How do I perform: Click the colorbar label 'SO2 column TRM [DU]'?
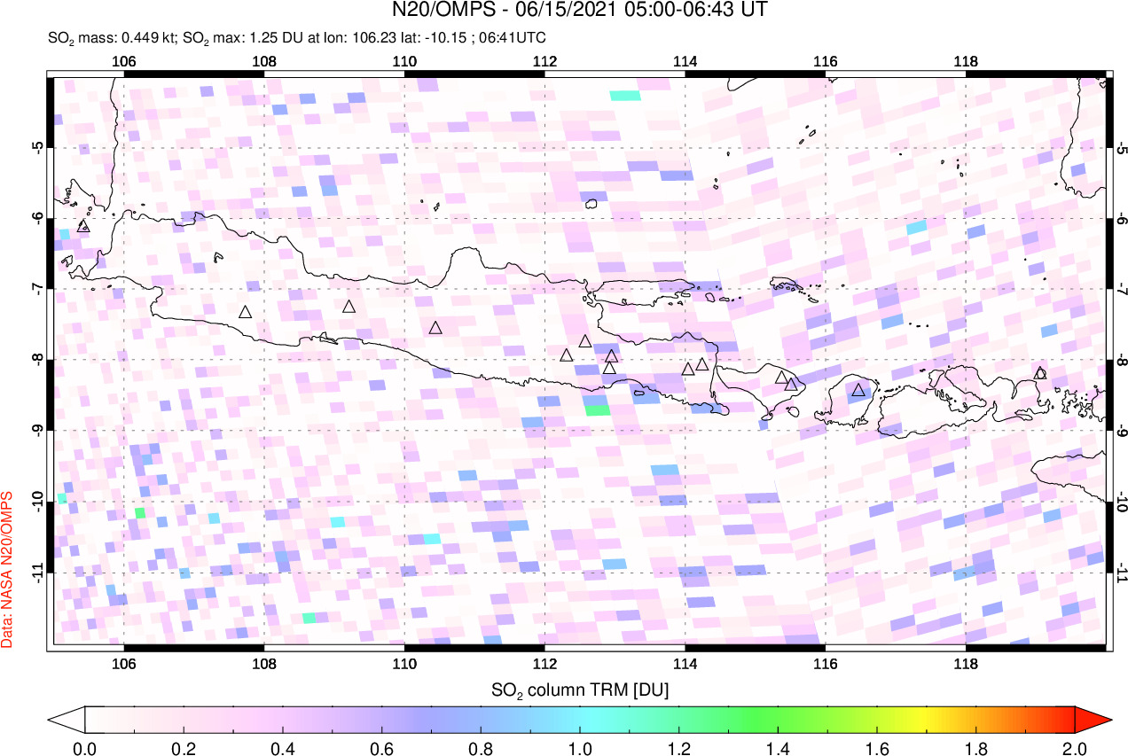click(x=580, y=689)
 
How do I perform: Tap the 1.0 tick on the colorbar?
click(x=580, y=747)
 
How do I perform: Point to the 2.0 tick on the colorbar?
click(x=1075, y=747)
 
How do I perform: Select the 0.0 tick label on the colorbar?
click(x=85, y=747)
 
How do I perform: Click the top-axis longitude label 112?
click(x=544, y=62)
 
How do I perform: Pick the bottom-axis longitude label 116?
click(x=825, y=666)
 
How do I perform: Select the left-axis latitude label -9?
click(x=38, y=431)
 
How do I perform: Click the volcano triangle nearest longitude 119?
click(x=1040, y=373)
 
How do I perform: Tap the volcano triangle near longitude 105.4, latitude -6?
click(x=83, y=226)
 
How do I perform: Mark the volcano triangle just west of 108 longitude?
click(x=246, y=312)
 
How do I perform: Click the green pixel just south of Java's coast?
click(x=597, y=410)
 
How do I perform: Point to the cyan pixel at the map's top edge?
click(x=625, y=96)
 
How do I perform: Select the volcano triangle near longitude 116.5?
click(x=858, y=389)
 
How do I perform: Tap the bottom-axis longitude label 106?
click(x=124, y=666)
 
